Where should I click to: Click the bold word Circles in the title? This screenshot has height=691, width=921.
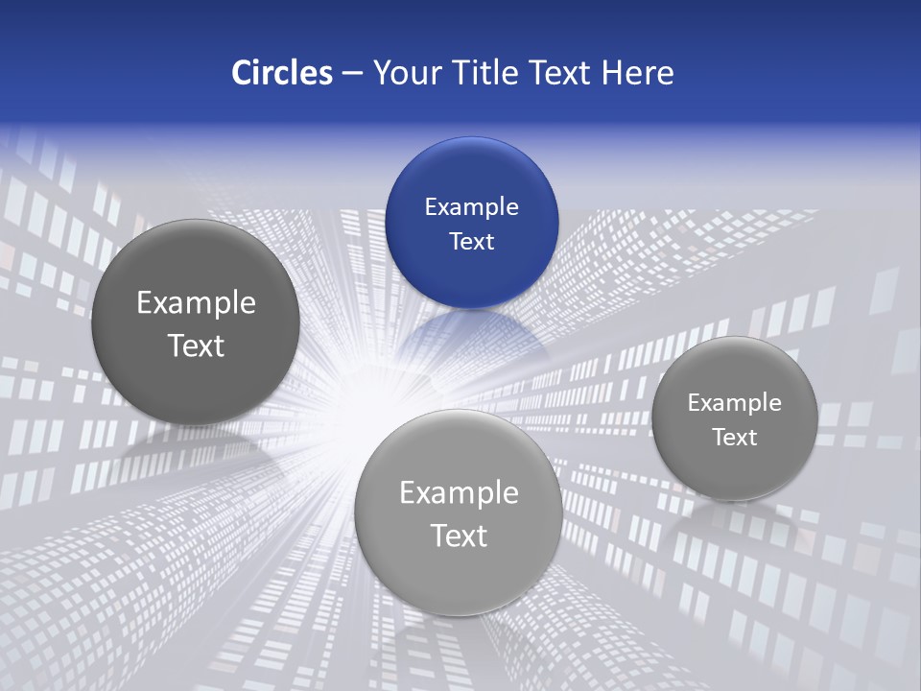tap(281, 73)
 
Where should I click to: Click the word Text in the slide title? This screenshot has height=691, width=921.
tap(563, 73)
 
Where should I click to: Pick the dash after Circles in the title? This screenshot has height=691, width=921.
tap(352, 74)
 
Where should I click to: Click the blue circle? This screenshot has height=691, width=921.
tap(471, 223)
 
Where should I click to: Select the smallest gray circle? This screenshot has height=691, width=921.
tap(734, 418)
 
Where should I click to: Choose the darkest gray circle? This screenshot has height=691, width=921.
tap(196, 322)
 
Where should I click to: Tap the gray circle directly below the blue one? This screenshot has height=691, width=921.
tap(459, 512)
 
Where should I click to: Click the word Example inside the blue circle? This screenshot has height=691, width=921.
tap(471, 206)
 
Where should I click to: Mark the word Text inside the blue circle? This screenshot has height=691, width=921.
tap(471, 241)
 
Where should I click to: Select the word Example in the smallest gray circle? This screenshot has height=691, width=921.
tap(734, 402)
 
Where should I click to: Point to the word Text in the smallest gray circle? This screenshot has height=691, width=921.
tap(734, 437)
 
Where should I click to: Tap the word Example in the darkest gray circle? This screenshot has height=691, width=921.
tap(196, 303)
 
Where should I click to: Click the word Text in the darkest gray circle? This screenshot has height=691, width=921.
tap(196, 345)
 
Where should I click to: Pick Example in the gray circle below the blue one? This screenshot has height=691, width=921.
tap(459, 492)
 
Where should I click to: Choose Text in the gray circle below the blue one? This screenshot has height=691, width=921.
tap(459, 536)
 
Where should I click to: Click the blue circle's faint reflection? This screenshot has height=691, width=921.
tap(471, 336)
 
